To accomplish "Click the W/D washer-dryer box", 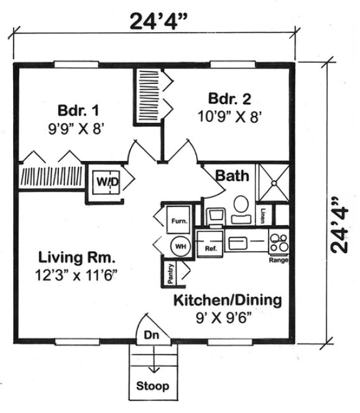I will tap(106, 181).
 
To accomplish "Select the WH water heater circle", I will tap(180, 246).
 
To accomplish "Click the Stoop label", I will tap(152, 386).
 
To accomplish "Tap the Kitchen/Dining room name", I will tap(227, 300).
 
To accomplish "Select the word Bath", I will tap(233, 175).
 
